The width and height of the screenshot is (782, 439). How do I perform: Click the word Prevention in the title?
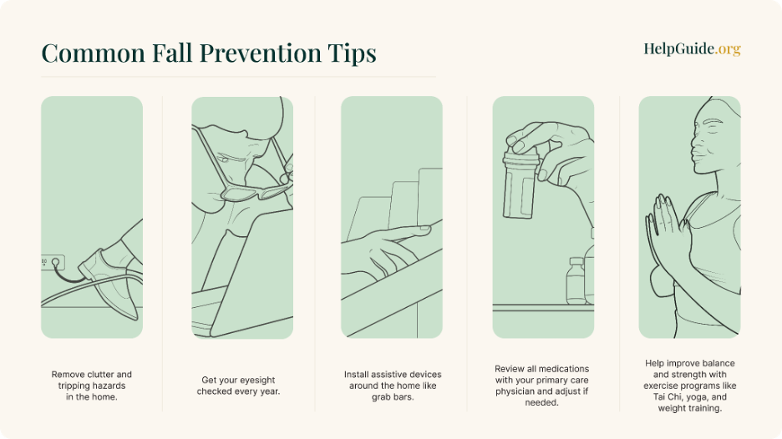pos(261,53)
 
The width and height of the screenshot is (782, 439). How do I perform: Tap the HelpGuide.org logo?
pos(692,49)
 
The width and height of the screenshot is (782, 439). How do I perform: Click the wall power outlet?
pos(53,262)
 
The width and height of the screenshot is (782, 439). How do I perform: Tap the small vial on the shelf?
pos(576,280)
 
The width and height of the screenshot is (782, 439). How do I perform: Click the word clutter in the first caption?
pos(101,374)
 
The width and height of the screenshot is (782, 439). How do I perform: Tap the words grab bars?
pos(393,397)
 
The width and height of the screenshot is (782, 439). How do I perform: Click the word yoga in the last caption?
pos(698,397)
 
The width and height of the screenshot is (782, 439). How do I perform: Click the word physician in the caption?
pos(516,391)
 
